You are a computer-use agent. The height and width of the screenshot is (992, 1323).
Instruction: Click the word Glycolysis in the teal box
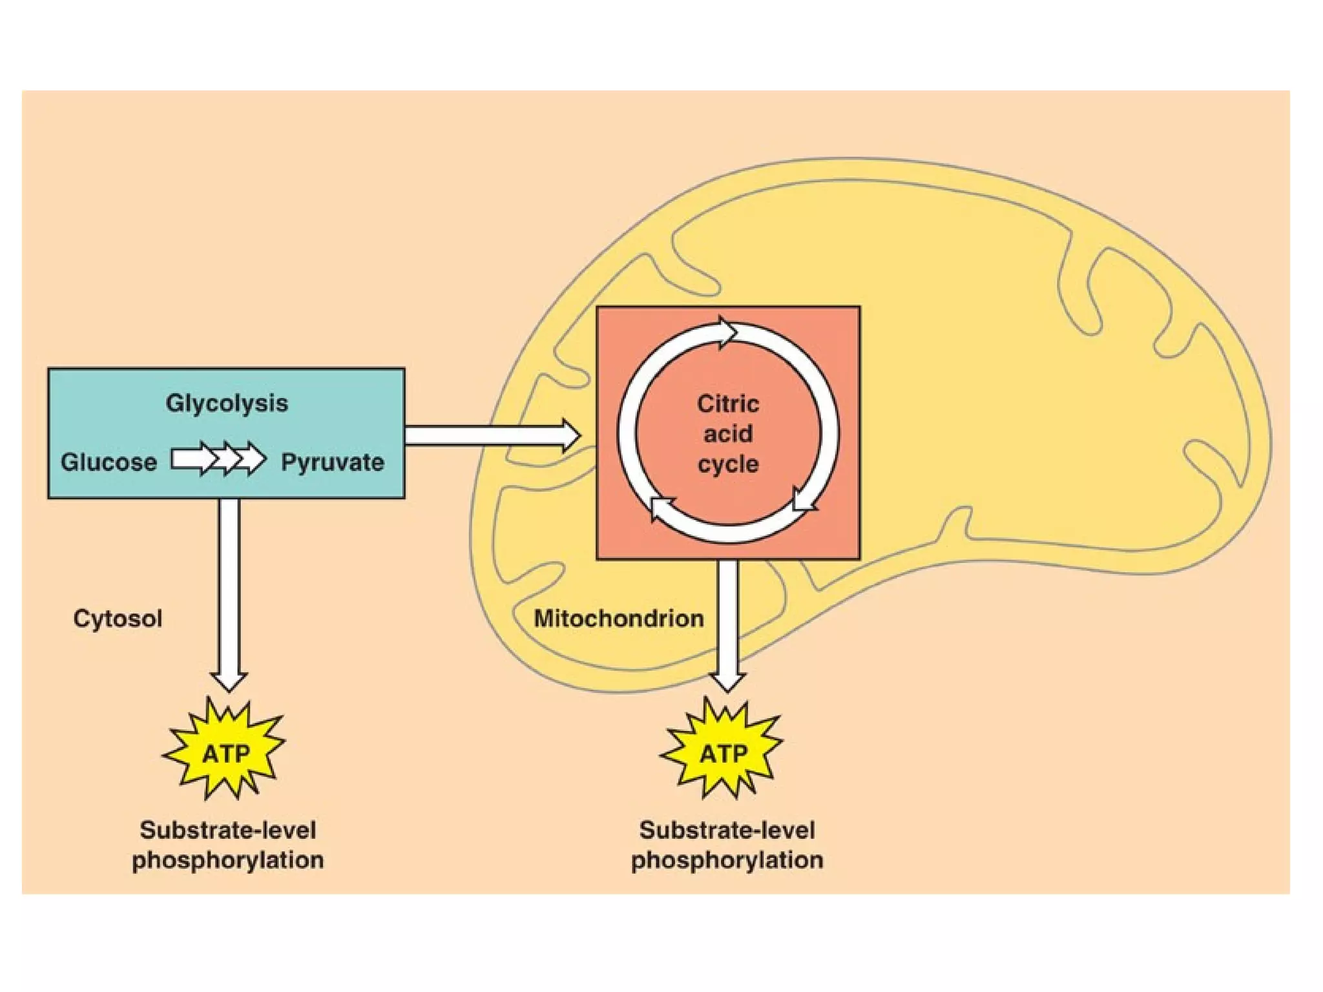[227, 403]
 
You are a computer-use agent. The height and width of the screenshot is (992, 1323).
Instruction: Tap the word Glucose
[109, 462]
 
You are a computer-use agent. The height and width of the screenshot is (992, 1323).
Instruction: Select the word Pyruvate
[332, 462]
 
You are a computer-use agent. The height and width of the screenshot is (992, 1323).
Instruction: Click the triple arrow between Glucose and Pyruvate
[218, 459]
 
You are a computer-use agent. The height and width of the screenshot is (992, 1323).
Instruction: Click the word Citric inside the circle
[728, 404]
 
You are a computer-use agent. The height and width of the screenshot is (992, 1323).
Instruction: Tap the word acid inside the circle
[728, 434]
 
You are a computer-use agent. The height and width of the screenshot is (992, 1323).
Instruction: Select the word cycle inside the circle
[728, 464]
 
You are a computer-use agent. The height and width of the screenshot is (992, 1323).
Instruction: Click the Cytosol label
[118, 619]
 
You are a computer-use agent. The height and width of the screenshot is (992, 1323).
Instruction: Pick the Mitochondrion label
[618, 619]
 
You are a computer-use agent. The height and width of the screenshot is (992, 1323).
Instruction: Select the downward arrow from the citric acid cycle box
[728, 620]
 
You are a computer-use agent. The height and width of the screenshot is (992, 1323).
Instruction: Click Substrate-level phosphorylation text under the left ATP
[228, 845]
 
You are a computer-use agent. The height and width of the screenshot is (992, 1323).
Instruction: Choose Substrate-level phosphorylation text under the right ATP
[727, 845]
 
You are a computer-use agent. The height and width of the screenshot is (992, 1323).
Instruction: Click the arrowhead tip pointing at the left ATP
[229, 690]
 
